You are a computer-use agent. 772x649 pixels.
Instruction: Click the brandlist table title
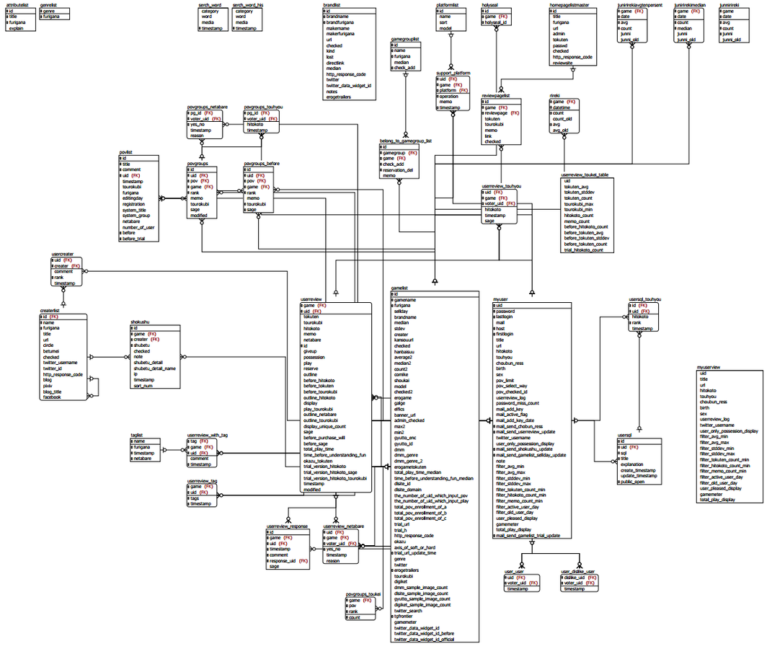coord(332,4)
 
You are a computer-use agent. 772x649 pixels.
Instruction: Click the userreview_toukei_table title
coord(587,174)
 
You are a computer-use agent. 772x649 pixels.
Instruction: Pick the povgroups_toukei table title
coord(363,593)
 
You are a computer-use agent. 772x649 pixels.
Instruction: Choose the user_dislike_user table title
coord(577,571)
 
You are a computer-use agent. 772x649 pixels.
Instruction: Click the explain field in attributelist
coord(19,28)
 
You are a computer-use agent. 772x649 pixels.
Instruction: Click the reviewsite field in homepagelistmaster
coord(567,62)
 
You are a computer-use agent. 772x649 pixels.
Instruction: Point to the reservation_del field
coord(398,170)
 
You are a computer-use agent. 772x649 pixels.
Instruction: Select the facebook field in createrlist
coord(52,397)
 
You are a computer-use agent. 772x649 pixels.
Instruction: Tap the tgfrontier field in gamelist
coord(405,616)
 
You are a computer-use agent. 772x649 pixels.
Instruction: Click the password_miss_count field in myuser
coord(516,402)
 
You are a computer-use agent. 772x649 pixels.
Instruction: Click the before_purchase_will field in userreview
coord(324,437)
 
